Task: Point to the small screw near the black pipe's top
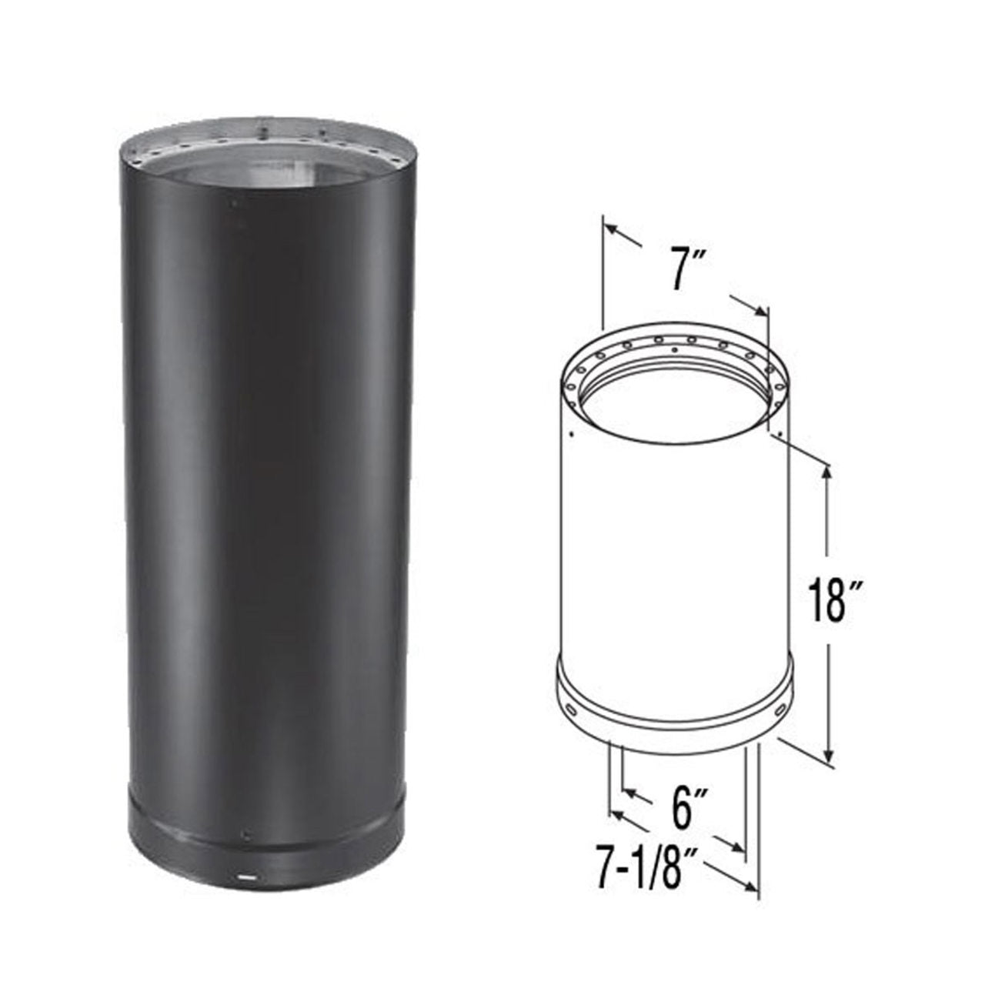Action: tap(229, 205)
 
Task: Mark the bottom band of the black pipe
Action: tap(265, 854)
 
